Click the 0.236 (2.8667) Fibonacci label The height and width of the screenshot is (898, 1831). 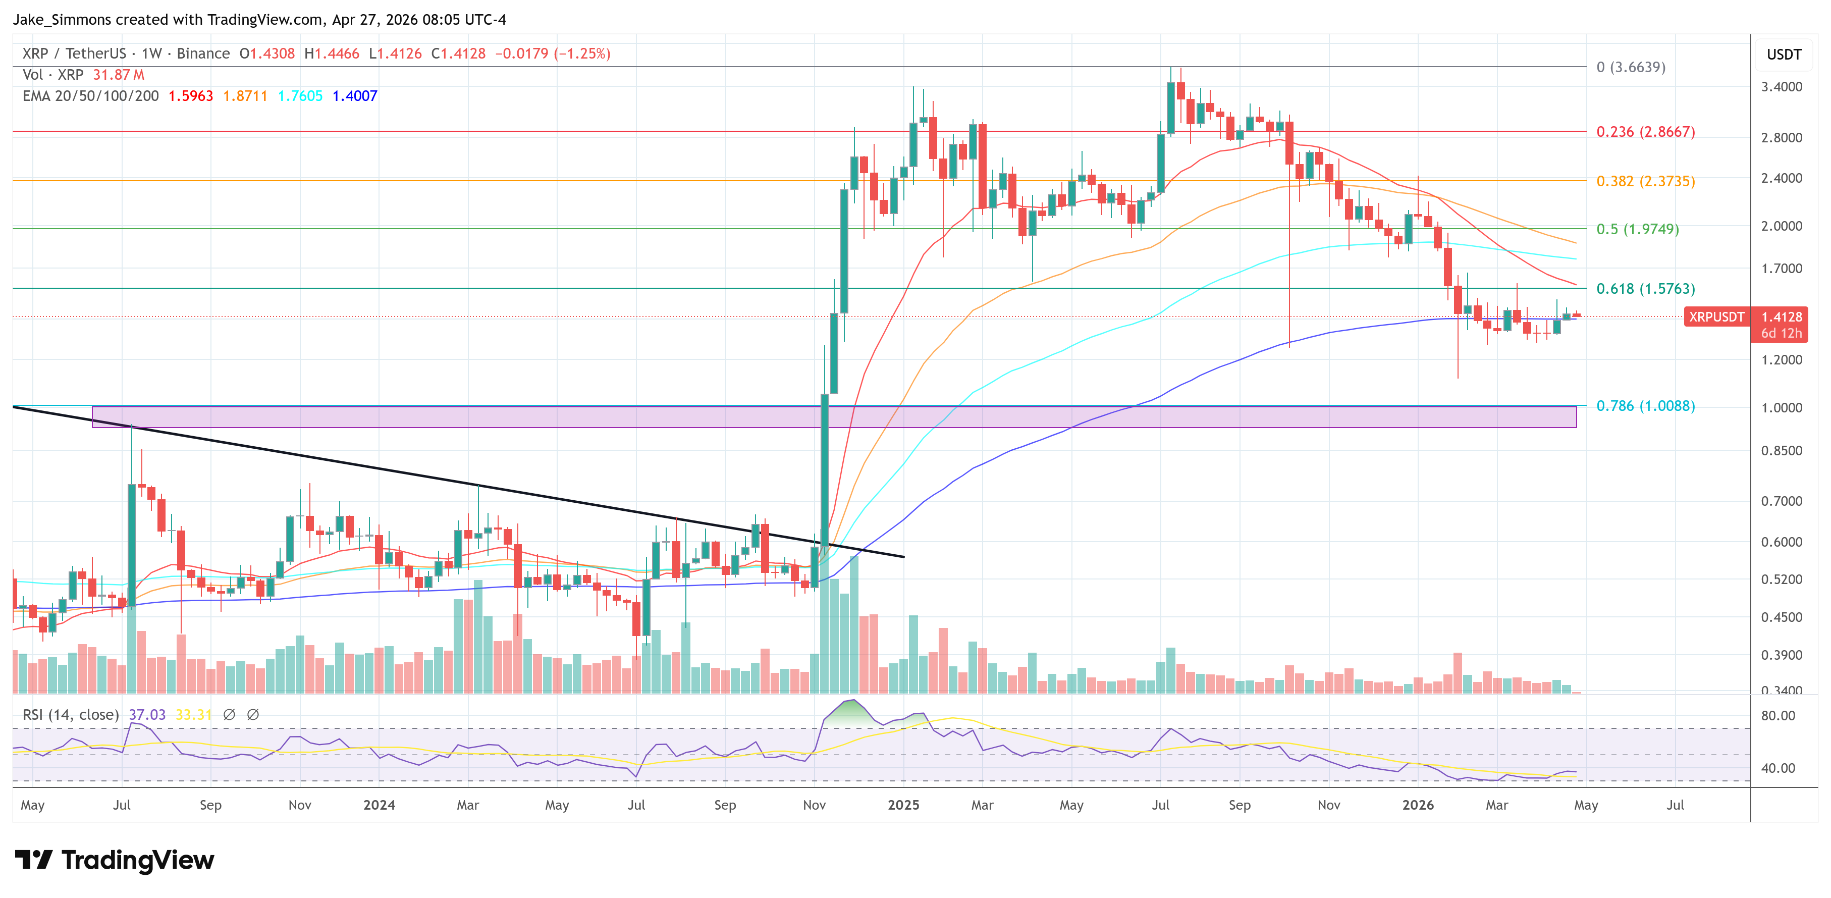click(x=1645, y=132)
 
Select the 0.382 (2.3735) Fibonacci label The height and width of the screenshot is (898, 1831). click(x=1645, y=181)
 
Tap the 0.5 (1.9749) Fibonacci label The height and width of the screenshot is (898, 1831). click(x=1637, y=229)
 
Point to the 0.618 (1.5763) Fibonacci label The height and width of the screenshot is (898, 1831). click(x=1645, y=289)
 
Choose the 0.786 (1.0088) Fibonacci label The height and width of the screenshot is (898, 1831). click(x=1645, y=406)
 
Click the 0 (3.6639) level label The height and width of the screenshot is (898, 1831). click(x=1631, y=67)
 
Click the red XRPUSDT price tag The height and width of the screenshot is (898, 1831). click(x=1716, y=317)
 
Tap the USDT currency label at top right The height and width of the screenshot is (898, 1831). click(x=1784, y=55)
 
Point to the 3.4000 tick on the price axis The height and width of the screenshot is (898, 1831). click(x=1781, y=87)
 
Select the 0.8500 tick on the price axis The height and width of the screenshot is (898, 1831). click(x=1781, y=451)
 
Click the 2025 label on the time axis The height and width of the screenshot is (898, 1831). click(x=903, y=805)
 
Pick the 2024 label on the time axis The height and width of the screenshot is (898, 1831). click(x=379, y=805)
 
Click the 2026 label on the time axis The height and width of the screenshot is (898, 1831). click(x=1417, y=805)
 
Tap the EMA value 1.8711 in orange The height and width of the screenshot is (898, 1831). click(x=244, y=96)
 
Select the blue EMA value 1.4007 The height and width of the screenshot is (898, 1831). click(x=355, y=96)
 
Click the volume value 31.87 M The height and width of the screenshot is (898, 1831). click(x=118, y=75)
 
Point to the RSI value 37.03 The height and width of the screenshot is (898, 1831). click(x=146, y=715)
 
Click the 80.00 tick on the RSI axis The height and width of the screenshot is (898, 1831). click(x=1777, y=716)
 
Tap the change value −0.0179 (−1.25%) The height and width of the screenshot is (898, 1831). click(x=552, y=54)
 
